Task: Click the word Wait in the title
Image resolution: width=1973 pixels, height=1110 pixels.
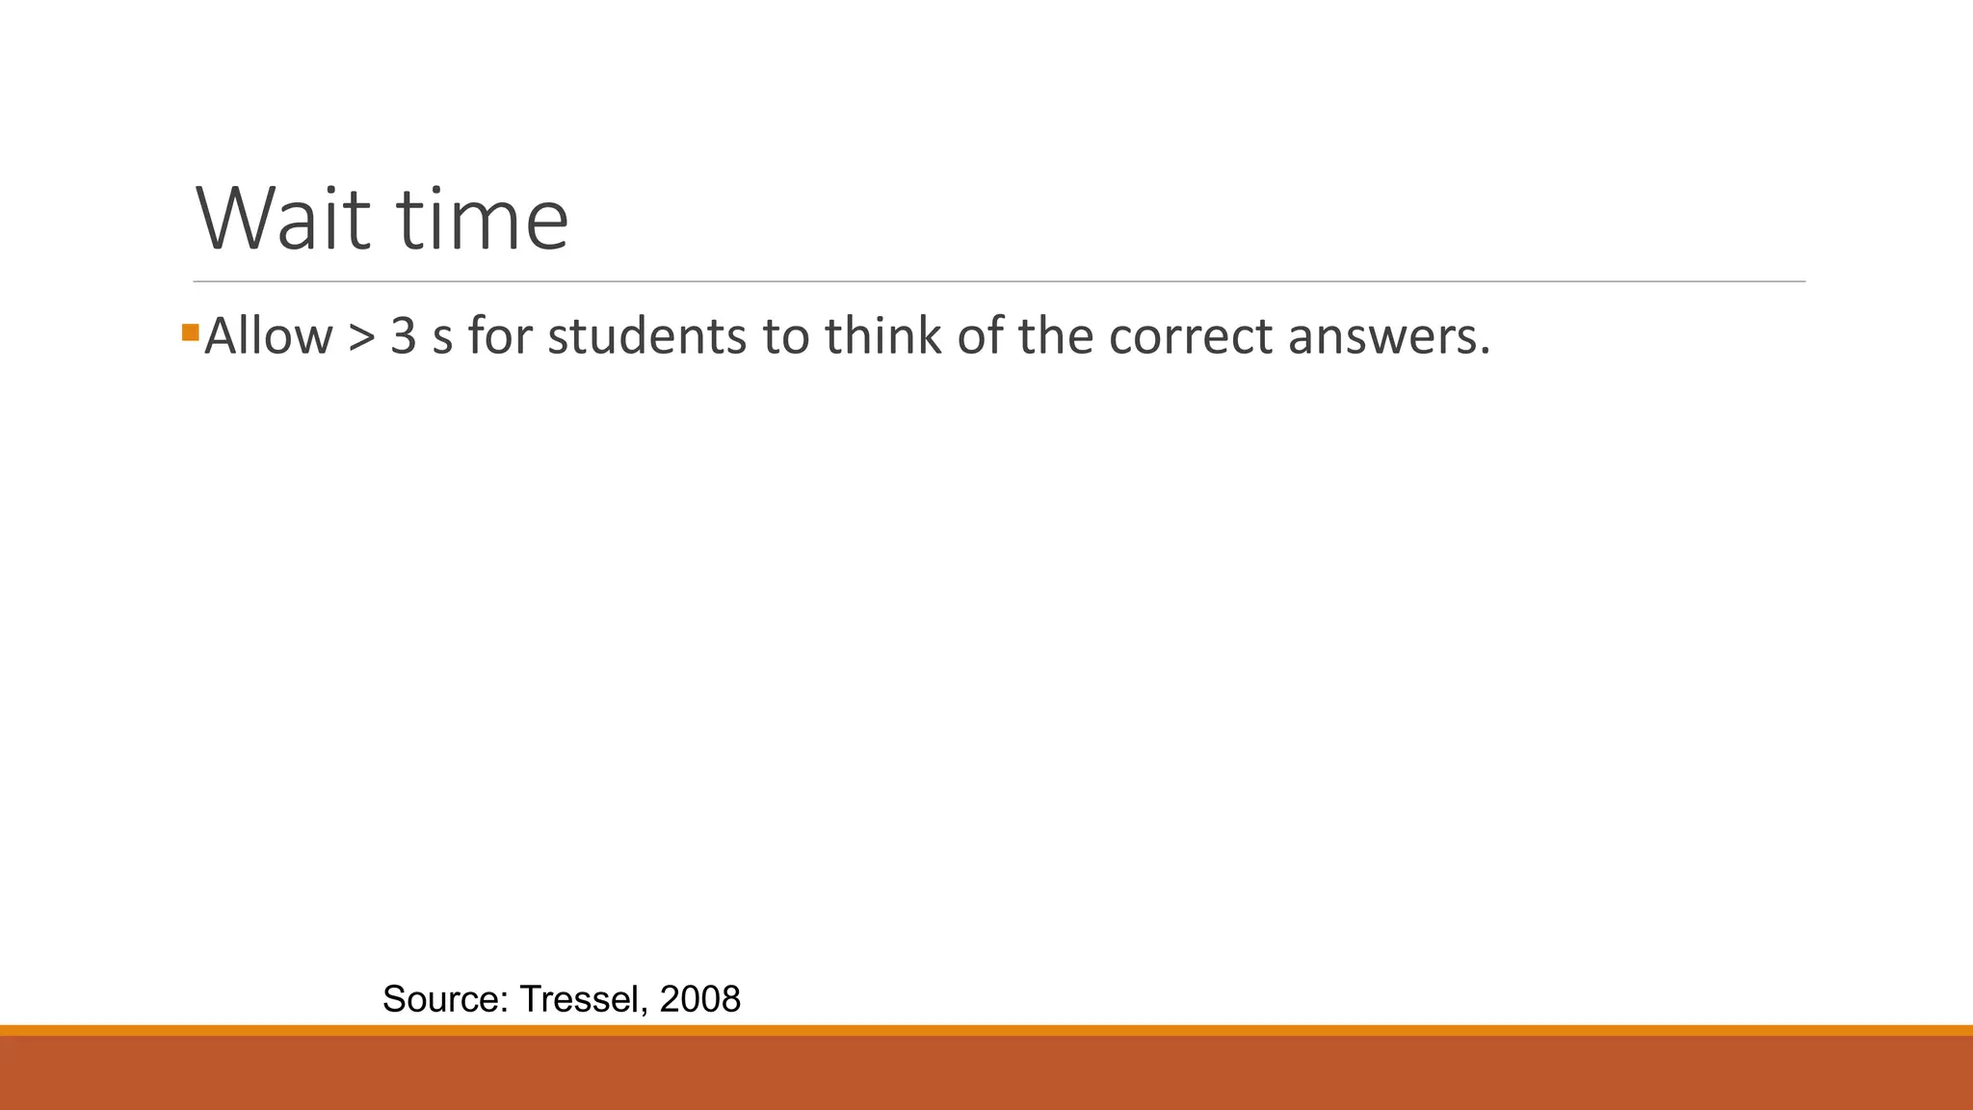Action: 283,220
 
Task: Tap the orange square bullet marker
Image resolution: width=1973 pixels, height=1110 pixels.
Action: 190,333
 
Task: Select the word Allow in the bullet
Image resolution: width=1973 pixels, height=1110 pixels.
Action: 269,337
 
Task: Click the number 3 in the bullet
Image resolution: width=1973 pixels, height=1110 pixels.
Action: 403,337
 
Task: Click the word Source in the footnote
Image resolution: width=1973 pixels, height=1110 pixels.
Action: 444,999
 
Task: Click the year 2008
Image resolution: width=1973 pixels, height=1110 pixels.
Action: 700,999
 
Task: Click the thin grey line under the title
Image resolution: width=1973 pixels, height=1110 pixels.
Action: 999,282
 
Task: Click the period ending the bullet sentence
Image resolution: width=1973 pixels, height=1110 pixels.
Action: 1485,352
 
